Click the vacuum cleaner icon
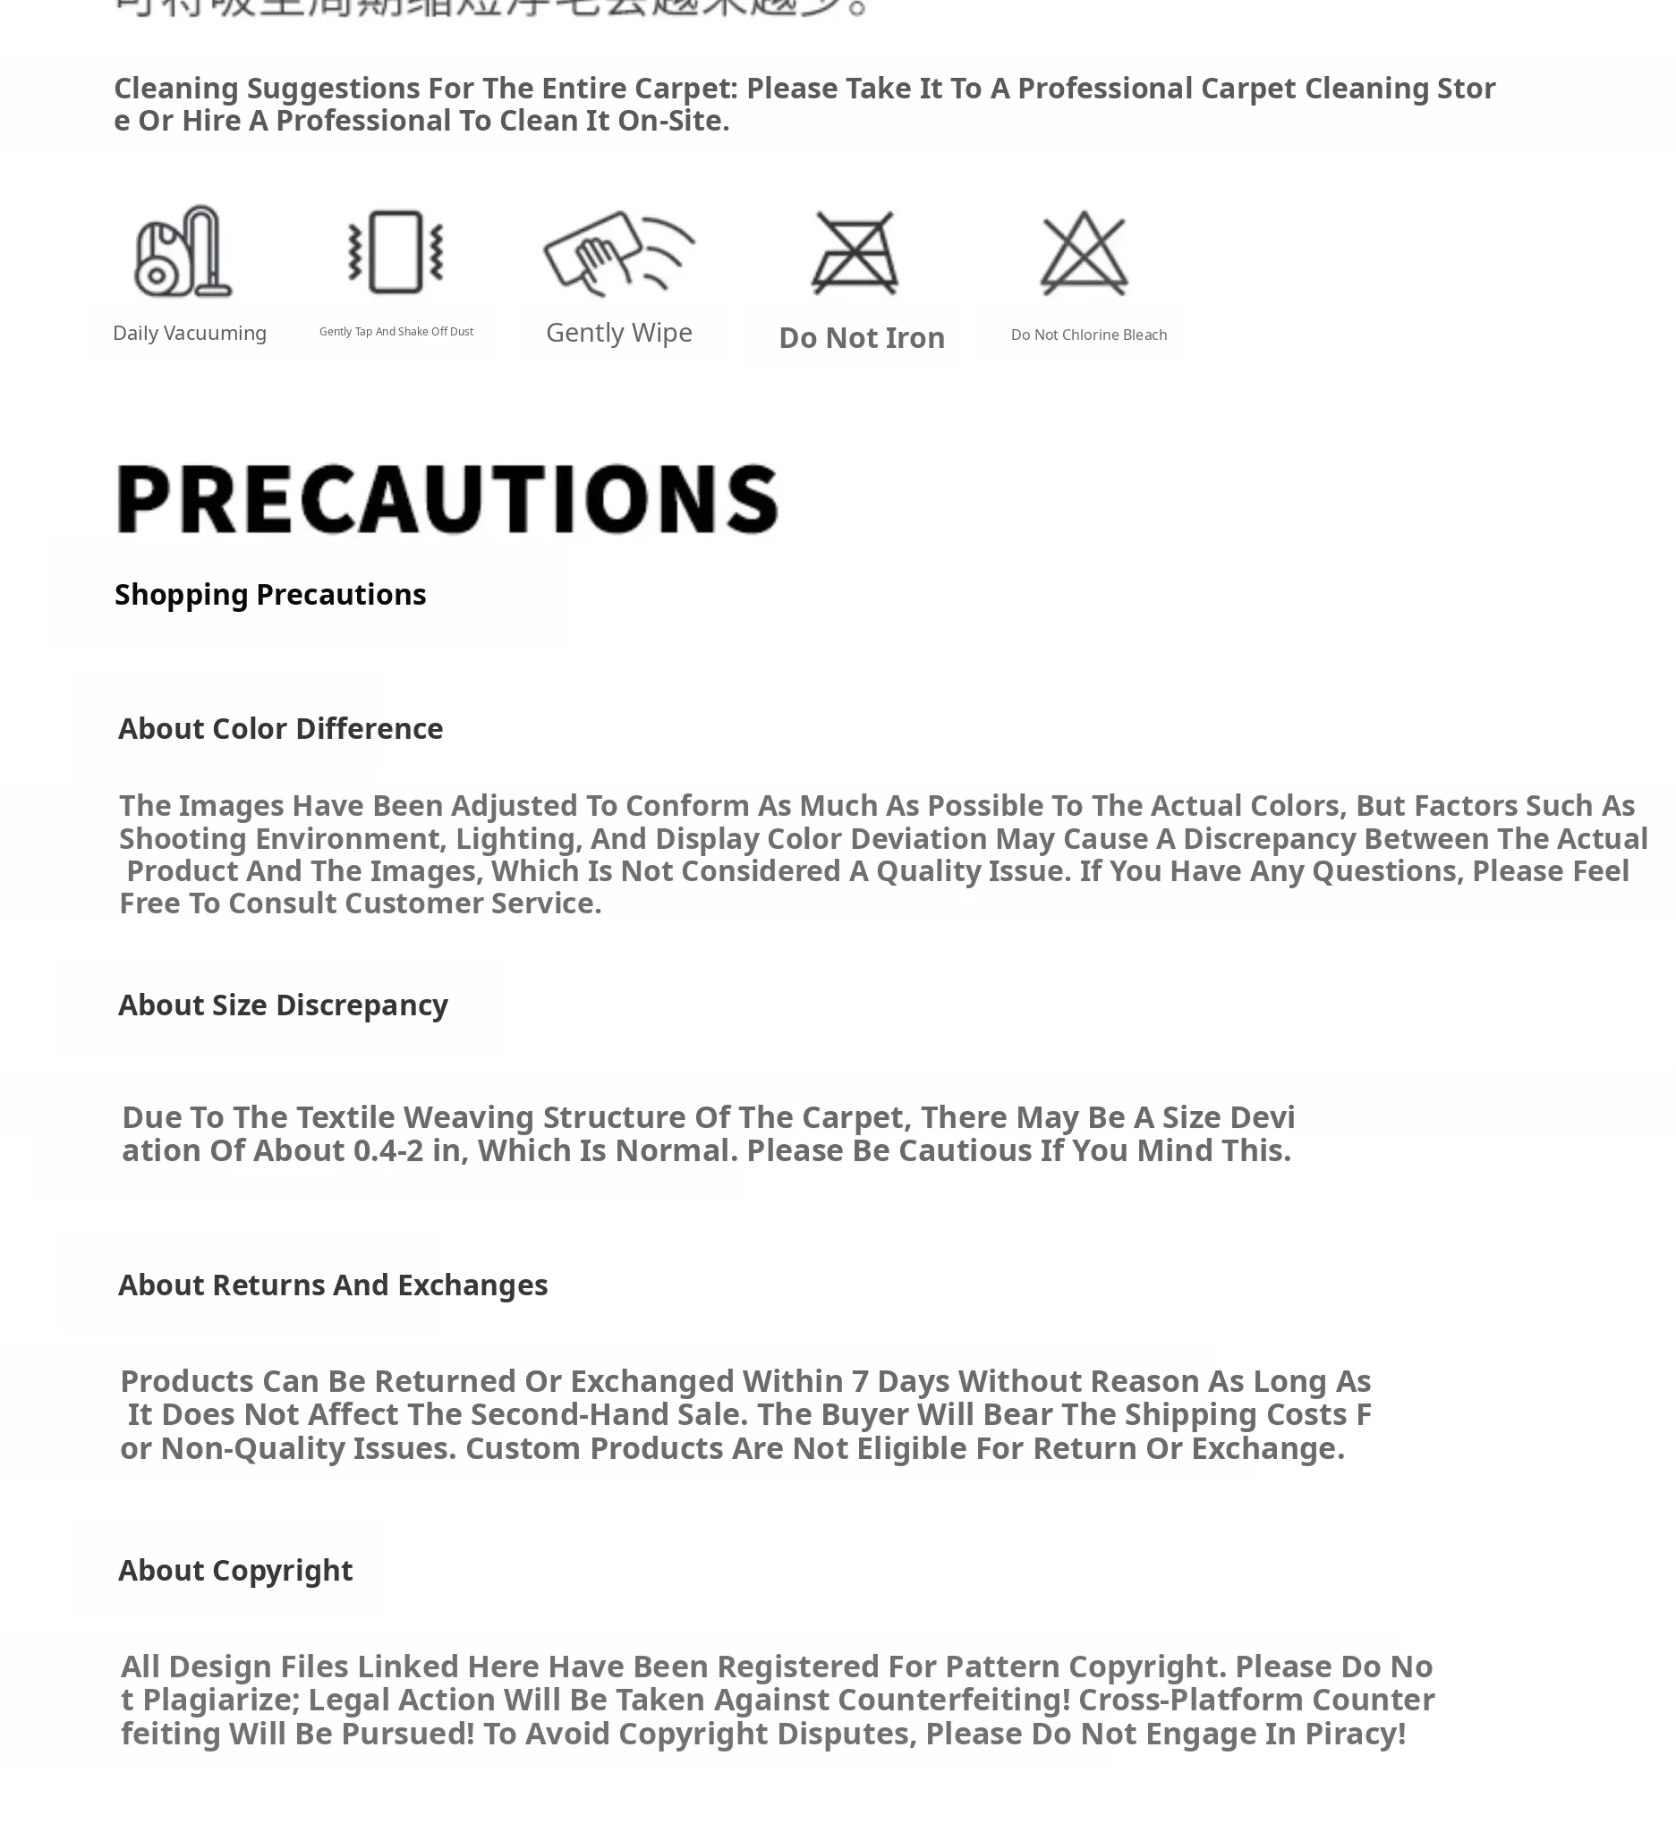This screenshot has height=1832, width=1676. (x=183, y=251)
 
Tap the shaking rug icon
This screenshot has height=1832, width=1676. (x=396, y=251)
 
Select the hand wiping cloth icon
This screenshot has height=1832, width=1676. (x=618, y=252)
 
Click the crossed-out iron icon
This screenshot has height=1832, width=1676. (x=855, y=252)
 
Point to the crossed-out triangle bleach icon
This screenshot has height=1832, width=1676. (x=1084, y=252)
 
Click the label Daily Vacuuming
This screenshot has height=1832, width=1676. (x=189, y=334)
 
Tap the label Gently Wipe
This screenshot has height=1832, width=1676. (x=619, y=333)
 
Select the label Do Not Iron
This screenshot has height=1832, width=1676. (x=862, y=338)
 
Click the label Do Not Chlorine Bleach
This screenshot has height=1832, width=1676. (x=1088, y=335)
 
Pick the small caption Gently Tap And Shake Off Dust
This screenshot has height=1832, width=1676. (x=396, y=332)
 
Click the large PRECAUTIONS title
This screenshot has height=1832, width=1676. (x=447, y=498)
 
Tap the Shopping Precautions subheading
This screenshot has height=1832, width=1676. (x=270, y=594)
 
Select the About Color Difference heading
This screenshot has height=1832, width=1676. (x=280, y=729)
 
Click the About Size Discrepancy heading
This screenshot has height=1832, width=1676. (x=283, y=1005)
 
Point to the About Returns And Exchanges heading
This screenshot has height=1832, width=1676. (x=333, y=1285)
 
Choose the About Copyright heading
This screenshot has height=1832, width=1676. (x=235, y=1570)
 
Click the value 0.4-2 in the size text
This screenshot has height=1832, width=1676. (x=388, y=1150)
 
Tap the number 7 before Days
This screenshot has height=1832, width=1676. (x=860, y=1381)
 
